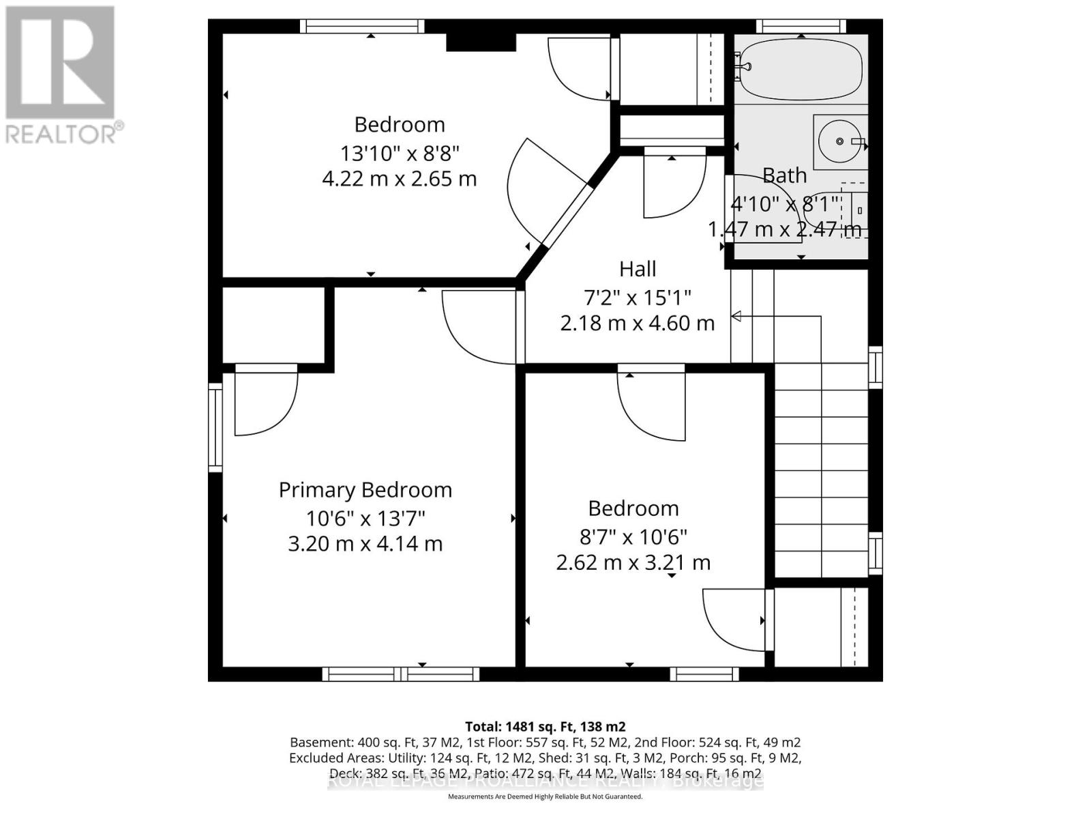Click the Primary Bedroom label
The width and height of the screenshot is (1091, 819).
[x=365, y=490]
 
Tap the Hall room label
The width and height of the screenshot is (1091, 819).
[x=638, y=269]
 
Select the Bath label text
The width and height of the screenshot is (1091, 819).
[x=784, y=175]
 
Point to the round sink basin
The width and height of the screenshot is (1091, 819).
[x=839, y=141]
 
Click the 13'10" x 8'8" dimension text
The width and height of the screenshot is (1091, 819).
[x=400, y=152]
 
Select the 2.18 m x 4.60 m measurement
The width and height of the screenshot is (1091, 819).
[x=638, y=323]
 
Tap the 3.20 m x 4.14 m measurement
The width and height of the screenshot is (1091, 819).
[x=365, y=544]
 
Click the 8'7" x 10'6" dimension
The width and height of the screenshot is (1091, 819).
[x=633, y=536]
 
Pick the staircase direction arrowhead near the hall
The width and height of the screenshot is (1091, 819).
[x=736, y=316]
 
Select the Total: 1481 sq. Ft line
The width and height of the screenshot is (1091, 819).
[x=545, y=726]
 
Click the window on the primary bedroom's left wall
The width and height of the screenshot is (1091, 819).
[x=215, y=427]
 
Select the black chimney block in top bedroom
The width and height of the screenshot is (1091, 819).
[x=481, y=42]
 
